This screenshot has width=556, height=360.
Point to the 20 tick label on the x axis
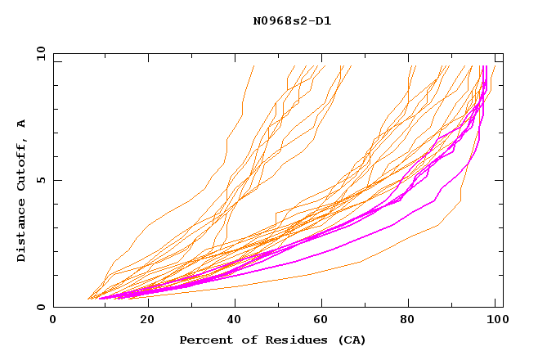click(148, 322)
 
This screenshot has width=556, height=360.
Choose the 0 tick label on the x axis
click(54, 322)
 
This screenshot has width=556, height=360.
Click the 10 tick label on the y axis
click(39, 53)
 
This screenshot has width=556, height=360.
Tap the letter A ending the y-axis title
click(21, 124)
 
